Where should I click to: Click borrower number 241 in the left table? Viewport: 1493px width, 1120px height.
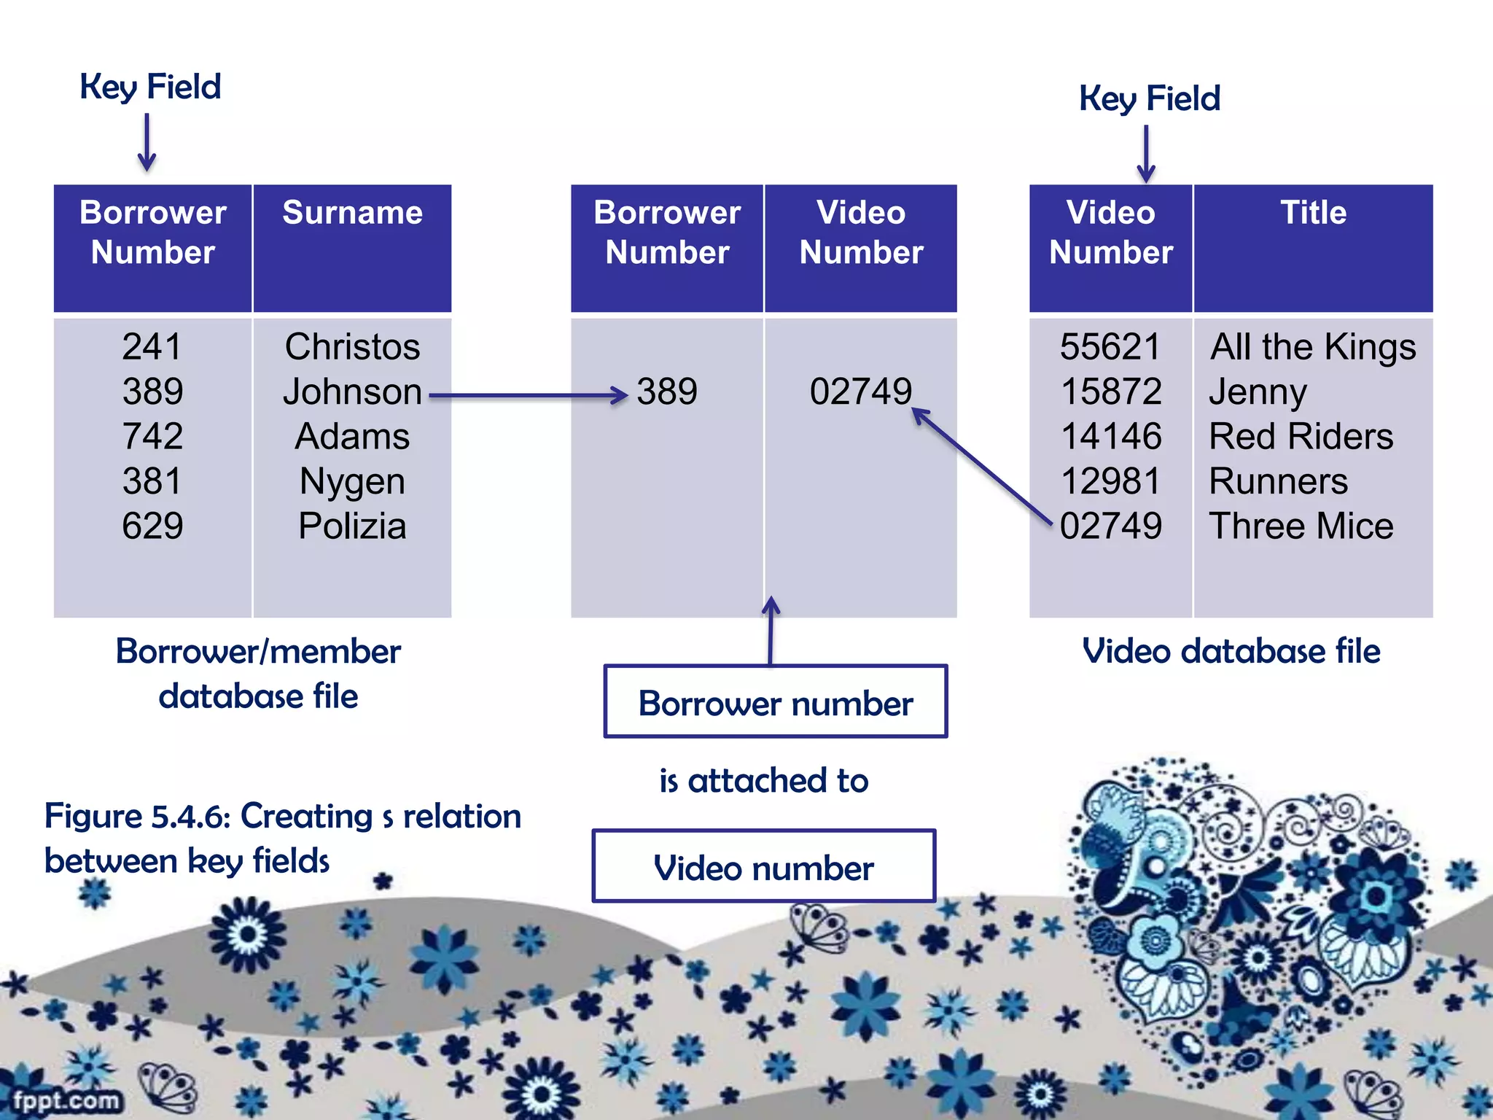[x=152, y=346]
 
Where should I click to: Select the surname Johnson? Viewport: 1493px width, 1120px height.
[x=352, y=392]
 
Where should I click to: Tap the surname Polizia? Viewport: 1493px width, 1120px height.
[x=352, y=526]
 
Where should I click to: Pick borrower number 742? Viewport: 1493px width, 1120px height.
[x=152, y=436]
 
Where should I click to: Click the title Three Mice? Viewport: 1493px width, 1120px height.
[x=1301, y=526]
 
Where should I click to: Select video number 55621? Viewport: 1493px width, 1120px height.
[x=1110, y=346]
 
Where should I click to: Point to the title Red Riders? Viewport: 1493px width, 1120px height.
[x=1301, y=436]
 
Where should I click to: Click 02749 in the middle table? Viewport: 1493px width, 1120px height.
[x=860, y=392]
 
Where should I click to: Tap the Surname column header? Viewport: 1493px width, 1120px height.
[x=352, y=213]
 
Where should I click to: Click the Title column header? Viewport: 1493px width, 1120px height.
[x=1313, y=213]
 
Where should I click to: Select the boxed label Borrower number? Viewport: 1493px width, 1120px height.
[x=776, y=703]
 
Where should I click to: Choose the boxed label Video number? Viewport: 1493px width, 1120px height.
[x=763, y=868]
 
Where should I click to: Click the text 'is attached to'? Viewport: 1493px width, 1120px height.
[x=763, y=781]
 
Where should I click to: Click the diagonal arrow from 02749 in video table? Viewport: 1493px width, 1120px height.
[x=981, y=467]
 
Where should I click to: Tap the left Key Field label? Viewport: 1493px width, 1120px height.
[x=150, y=87]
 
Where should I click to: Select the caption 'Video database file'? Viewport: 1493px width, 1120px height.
[x=1231, y=650]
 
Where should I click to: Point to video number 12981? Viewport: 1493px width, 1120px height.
[x=1110, y=481]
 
